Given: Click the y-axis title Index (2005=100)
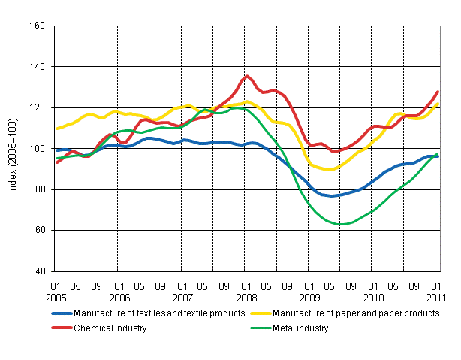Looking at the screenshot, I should (12, 148).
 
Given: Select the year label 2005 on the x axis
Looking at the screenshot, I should (56, 297).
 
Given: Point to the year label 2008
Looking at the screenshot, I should (246, 297).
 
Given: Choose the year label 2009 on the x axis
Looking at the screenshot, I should (309, 297).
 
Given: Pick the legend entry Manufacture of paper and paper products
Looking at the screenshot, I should (355, 313).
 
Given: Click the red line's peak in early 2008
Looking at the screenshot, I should (249, 76).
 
